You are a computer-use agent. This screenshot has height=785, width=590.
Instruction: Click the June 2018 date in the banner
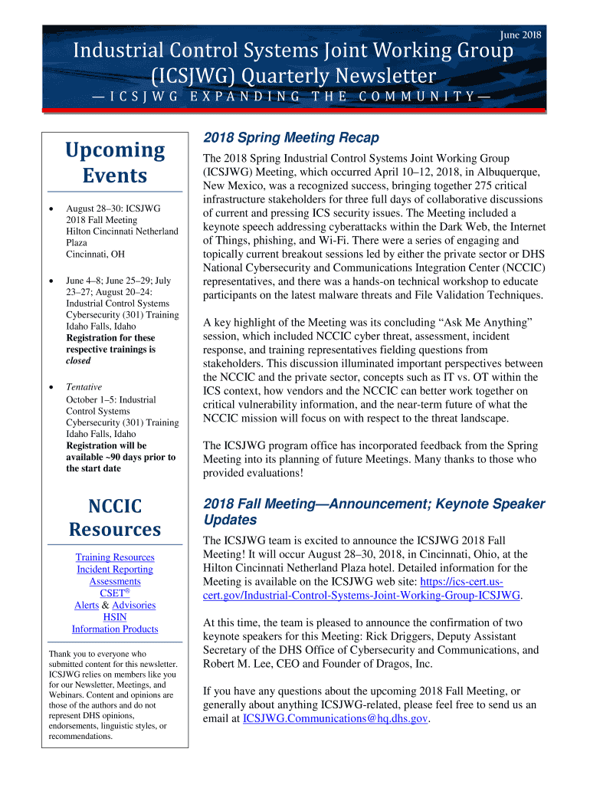coord(520,34)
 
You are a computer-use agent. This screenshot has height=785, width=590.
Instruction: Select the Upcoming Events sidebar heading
coord(115,163)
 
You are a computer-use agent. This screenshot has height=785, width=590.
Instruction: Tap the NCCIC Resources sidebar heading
coord(115,517)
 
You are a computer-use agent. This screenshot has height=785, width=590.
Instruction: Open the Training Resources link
coord(115,557)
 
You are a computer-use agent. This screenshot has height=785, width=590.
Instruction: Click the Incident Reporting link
coord(115,570)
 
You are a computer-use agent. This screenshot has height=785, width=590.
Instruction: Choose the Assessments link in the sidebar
coord(115,581)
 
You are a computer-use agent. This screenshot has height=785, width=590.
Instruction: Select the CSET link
coord(113,593)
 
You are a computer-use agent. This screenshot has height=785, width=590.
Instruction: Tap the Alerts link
coord(87,605)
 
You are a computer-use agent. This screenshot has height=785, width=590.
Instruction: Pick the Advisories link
coord(133,605)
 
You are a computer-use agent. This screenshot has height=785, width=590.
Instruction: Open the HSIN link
coord(115,617)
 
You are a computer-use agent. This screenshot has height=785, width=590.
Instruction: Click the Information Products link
coord(115,629)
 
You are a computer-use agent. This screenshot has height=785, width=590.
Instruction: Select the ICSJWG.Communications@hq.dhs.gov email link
coord(335,718)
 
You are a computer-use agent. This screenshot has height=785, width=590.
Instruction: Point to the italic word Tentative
coord(84,387)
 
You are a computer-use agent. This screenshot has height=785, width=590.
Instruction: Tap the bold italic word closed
coord(78,360)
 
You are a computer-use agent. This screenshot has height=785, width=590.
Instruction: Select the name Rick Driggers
coord(401,636)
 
